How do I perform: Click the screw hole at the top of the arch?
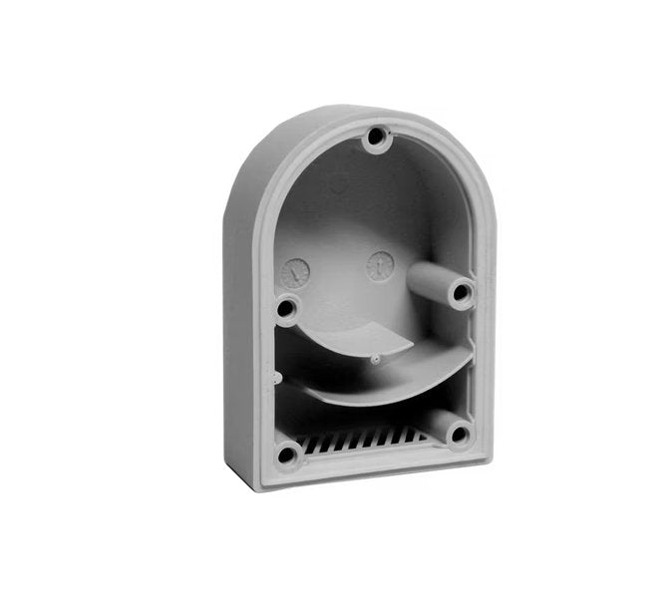click(x=376, y=137)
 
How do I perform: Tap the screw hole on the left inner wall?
click(x=286, y=309)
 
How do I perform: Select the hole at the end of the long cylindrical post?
click(x=461, y=293)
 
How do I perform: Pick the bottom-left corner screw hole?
click(x=287, y=455)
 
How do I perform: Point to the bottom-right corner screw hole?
click(x=459, y=434)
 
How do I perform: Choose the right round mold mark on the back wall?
click(x=380, y=266)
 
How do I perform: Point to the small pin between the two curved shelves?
click(x=375, y=360)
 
